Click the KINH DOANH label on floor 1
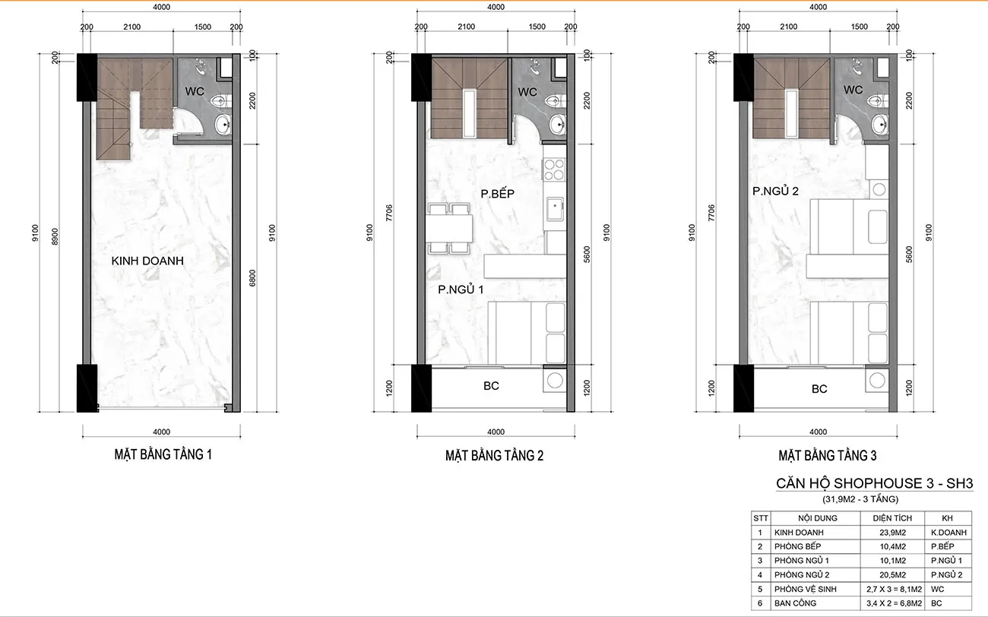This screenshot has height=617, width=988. coord(147,261)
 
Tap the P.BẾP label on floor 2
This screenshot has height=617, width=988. coord(498,194)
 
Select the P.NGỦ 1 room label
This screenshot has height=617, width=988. coord(461,290)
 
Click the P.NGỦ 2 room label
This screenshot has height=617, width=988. coord(775,191)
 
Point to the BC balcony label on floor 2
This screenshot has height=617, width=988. coord(491,386)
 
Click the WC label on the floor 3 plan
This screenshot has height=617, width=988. coord(853,90)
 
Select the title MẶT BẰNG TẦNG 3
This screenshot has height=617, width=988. coord(827,456)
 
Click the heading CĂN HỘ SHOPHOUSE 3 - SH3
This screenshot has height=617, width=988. coord(874,483)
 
